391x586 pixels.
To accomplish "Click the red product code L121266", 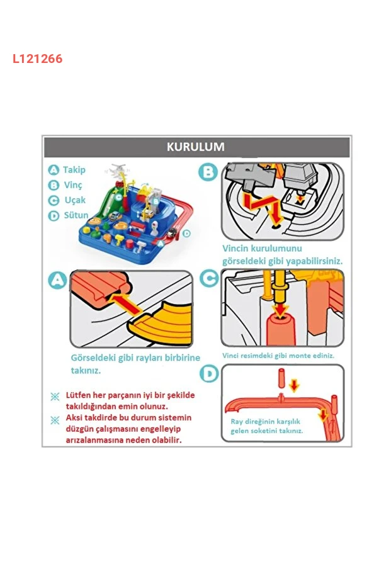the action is coord(37,59).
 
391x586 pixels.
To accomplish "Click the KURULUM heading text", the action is coord(195,147).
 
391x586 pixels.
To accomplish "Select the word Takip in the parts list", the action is coord(74,170).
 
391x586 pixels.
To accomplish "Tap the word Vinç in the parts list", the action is coord(73,185).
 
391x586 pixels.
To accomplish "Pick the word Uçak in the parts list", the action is coord(75,200).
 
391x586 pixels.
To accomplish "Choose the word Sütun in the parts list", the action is coord(76,215).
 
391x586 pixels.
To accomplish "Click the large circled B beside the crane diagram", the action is coord(208,172).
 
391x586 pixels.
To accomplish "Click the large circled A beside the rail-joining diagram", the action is coord(57,280).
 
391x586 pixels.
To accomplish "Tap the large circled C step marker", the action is coord(209,278).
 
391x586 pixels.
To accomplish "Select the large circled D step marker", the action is coord(209,374).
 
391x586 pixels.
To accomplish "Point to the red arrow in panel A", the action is coord(125,303).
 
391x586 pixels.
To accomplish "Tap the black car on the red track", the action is coord(172,233).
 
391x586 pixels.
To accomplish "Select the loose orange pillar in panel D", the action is coord(282,379).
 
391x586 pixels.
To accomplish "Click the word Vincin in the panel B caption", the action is coord(235,249).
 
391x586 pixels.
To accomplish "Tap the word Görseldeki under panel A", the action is coord(93,358).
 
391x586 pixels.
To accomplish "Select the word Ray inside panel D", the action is coord(237,422).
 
